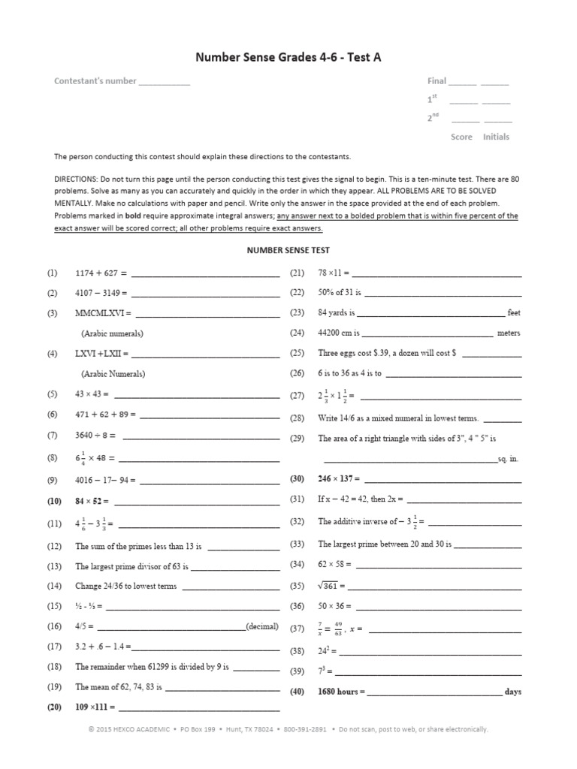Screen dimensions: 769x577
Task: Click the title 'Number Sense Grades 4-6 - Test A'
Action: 288,57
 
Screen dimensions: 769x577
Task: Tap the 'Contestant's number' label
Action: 95,81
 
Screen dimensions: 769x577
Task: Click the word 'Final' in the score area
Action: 437,81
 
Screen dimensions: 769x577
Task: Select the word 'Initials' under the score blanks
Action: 496,137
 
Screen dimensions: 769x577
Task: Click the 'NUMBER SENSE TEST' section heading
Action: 288,250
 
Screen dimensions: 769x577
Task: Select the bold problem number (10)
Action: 54,501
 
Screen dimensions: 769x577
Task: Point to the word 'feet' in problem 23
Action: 514,313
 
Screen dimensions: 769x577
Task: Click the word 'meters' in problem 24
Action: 509,333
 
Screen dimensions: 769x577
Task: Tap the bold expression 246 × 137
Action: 339,478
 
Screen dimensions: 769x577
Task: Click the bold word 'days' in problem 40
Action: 513,692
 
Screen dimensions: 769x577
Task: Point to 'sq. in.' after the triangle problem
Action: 509,459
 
